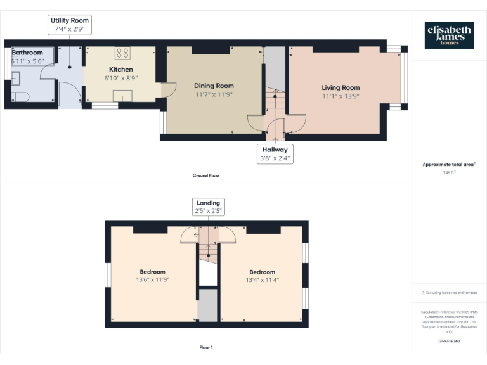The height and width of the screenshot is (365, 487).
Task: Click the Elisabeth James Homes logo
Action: click(x=449, y=35)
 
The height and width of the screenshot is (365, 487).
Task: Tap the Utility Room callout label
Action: click(x=70, y=25)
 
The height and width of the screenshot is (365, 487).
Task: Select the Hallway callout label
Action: click(x=275, y=154)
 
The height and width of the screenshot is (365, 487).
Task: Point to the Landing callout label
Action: click(x=208, y=207)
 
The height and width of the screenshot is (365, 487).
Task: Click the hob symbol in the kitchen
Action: click(x=122, y=53)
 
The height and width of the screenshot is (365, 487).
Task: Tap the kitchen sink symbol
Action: click(x=123, y=96)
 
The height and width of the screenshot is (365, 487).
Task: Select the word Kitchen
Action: click(x=120, y=69)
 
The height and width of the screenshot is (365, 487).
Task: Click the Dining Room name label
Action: click(x=214, y=86)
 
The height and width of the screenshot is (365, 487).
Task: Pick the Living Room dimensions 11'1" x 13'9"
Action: click(x=341, y=96)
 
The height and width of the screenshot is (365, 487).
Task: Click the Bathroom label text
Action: click(x=27, y=53)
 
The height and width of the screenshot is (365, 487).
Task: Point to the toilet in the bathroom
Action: click(x=19, y=97)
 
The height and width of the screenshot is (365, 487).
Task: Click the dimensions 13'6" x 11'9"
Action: click(x=152, y=279)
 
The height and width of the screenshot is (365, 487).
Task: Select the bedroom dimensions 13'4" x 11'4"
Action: click(x=262, y=279)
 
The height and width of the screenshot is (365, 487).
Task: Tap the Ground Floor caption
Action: click(x=206, y=176)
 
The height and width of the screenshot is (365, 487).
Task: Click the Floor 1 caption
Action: click(x=206, y=347)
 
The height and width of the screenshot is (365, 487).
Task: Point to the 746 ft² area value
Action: click(x=448, y=172)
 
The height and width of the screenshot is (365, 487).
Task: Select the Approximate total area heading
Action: click(x=448, y=164)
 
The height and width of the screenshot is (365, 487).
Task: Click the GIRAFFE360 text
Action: click(x=449, y=341)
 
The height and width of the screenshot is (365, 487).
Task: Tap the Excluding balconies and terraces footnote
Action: click(x=449, y=293)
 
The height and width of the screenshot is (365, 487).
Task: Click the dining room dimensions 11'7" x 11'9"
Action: click(x=214, y=94)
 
